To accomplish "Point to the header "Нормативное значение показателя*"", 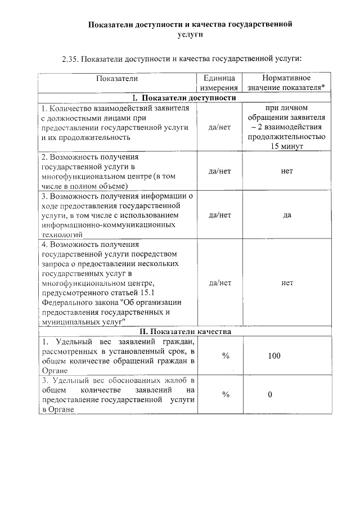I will [x=287, y=83].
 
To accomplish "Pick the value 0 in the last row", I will [x=270, y=394].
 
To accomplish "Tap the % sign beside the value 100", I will [x=226, y=355].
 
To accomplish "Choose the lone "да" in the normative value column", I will [x=287, y=214].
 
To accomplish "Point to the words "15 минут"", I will [x=287, y=146].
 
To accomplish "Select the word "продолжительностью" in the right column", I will [x=287, y=137].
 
